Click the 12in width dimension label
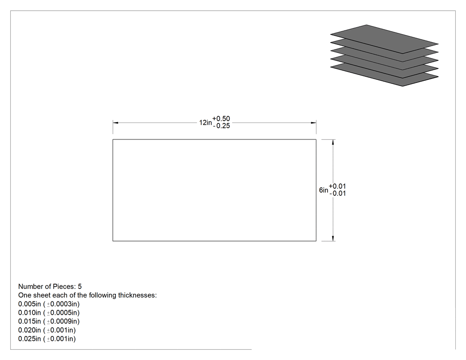click(205, 123)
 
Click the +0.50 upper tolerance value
click(221, 119)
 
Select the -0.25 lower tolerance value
click(222, 126)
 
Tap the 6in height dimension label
click(324, 190)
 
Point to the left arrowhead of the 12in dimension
click(115, 123)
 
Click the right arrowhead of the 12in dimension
click(313, 123)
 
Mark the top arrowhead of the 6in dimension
click(333, 142)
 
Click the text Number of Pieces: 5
click(50, 287)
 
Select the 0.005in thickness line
click(49, 304)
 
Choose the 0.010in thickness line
click(49, 313)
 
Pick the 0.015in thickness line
click(49, 321)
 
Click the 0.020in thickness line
click(47, 330)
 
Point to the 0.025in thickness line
click(47, 339)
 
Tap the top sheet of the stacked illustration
click(384, 39)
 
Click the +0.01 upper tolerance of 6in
click(337, 186)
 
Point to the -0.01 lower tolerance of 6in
click(338, 193)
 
